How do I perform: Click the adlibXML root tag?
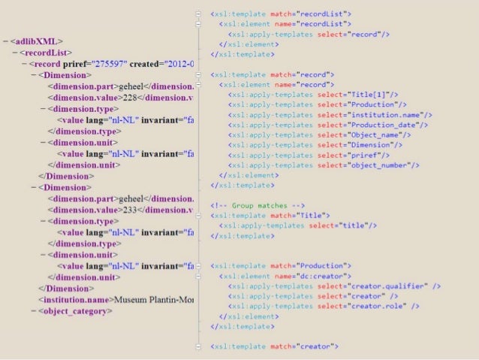35,41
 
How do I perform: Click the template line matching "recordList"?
281,14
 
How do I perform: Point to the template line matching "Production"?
281,266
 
